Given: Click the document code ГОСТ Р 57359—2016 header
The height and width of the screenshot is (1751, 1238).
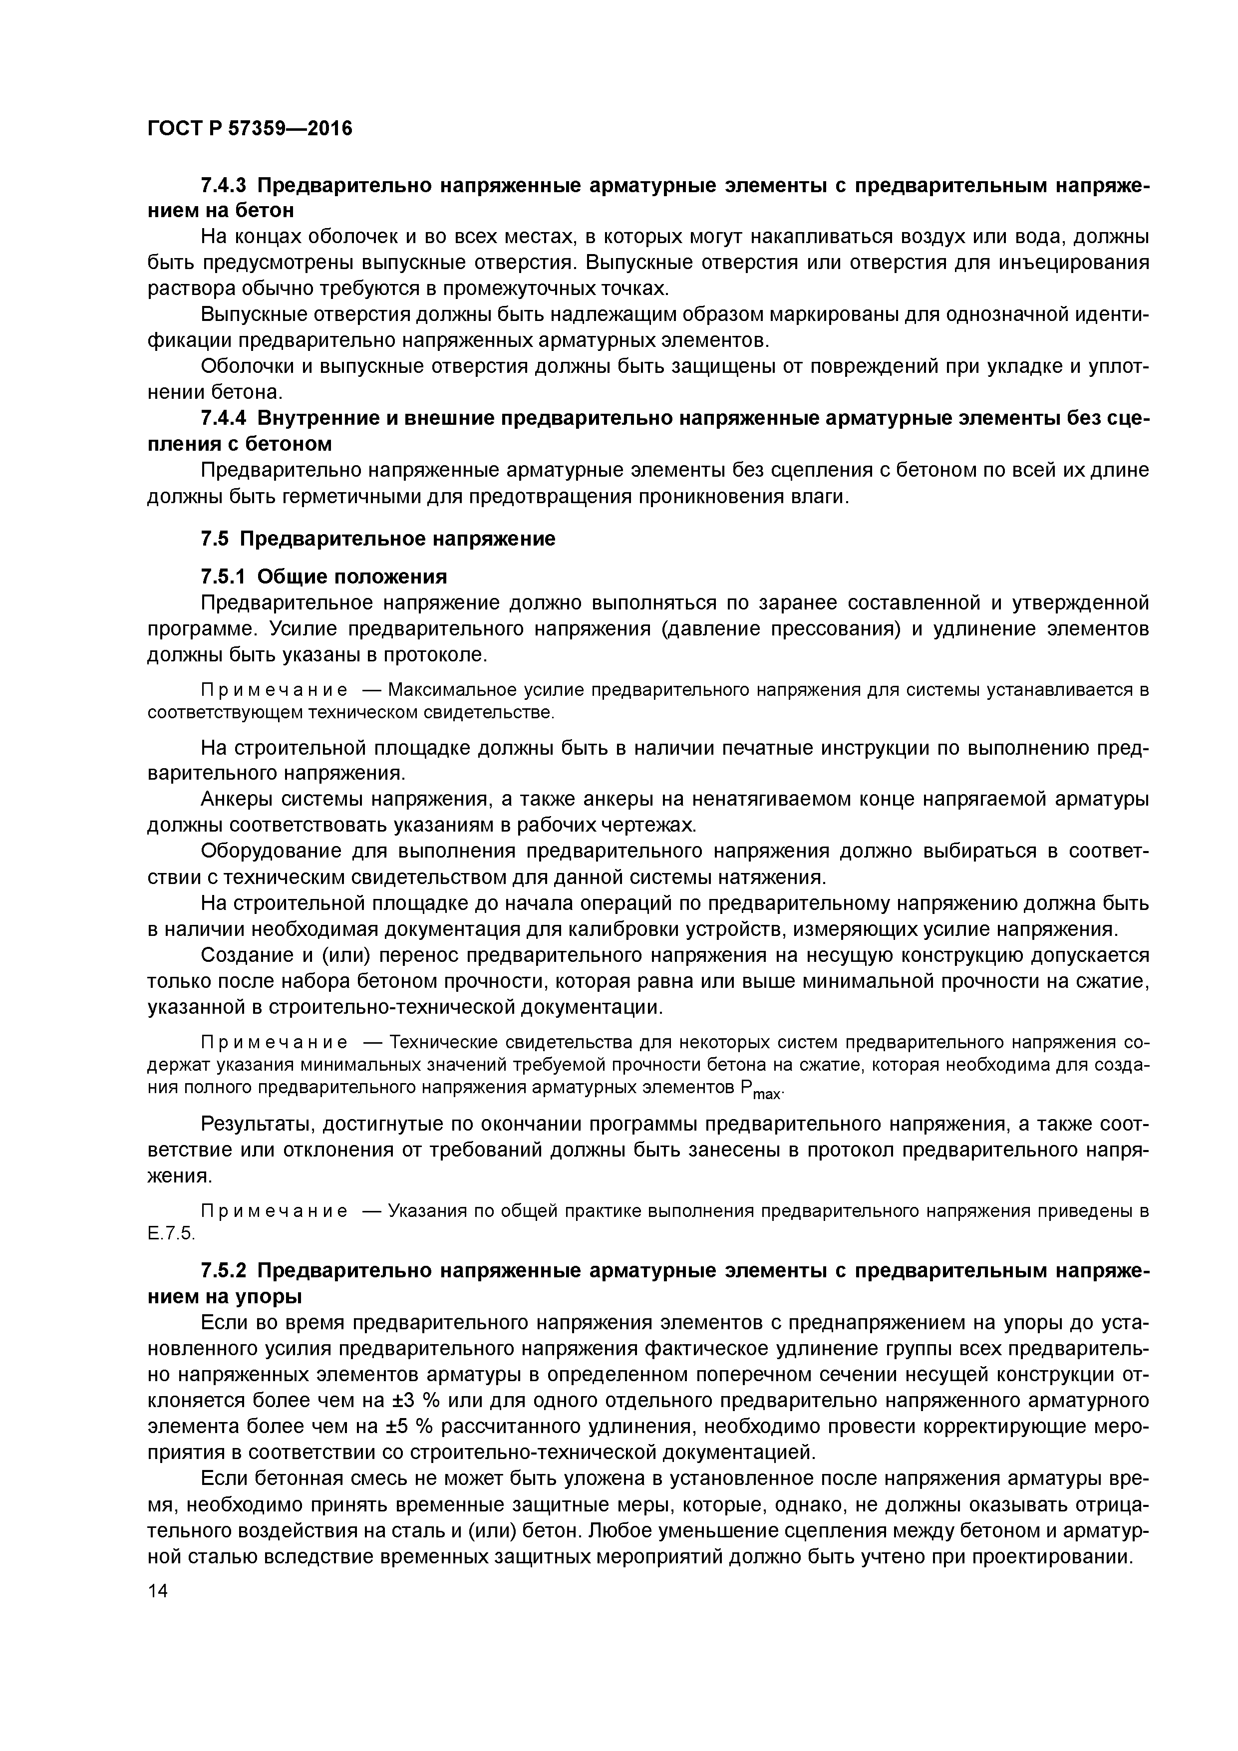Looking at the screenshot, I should coord(250,129).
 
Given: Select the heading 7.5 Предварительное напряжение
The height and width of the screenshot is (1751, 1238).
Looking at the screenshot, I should coord(377,539).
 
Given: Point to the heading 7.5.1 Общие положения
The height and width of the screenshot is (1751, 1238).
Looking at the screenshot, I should coord(323,576).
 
